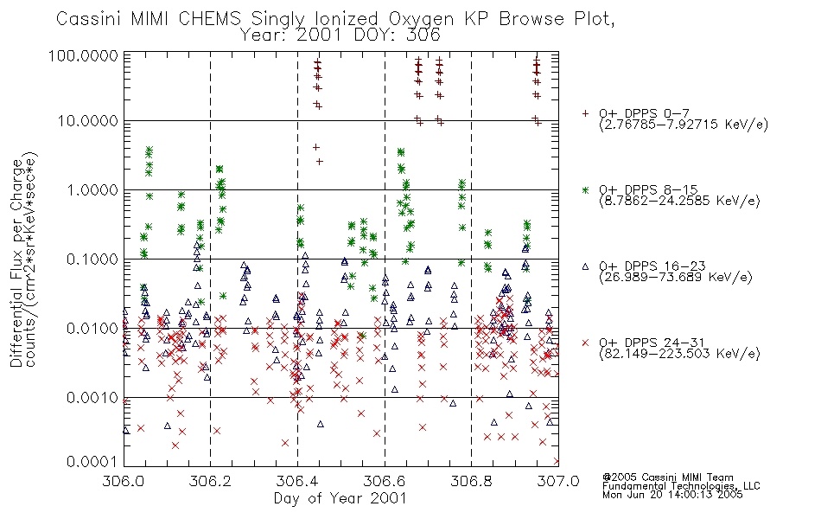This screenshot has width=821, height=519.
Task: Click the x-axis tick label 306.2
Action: pyautogui.click(x=210, y=481)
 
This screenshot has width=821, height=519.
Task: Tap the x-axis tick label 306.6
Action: pyautogui.click(x=385, y=481)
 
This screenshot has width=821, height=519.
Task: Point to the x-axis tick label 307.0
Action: pyautogui.click(x=558, y=481)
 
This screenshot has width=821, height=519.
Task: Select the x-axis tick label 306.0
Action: pyautogui.click(x=123, y=481)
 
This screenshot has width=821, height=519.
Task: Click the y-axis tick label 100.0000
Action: pyautogui.click(x=83, y=55)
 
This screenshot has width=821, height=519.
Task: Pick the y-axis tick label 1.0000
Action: pyautogui.click(x=92, y=189)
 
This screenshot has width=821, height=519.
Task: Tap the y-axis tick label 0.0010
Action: pyautogui.click(x=92, y=398)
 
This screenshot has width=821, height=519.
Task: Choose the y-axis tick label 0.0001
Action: pyautogui.click(x=92, y=462)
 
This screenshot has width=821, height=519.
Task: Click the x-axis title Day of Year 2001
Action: pyautogui.click(x=340, y=498)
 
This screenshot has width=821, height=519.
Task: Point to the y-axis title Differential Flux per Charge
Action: pyautogui.click(x=16, y=263)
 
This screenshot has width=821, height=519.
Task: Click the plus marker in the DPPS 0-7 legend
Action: pyautogui.click(x=585, y=113)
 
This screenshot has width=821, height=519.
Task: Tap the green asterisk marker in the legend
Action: pyautogui.click(x=585, y=189)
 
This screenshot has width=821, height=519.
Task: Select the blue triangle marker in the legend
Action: pyautogui.click(x=585, y=266)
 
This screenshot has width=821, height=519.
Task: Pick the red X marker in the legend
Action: pyautogui.click(x=585, y=343)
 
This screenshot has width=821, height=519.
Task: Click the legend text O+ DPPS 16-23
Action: pyautogui.click(x=652, y=266)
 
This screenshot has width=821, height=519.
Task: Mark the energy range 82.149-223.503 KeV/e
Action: pyautogui.click(x=679, y=354)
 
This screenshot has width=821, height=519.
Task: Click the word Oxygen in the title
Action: pyautogui.click(x=422, y=19)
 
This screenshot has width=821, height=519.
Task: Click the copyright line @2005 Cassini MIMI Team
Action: pyautogui.click(x=667, y=477)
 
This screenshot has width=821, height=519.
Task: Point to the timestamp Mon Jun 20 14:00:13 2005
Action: pyautogui.click(x=672, y=495)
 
